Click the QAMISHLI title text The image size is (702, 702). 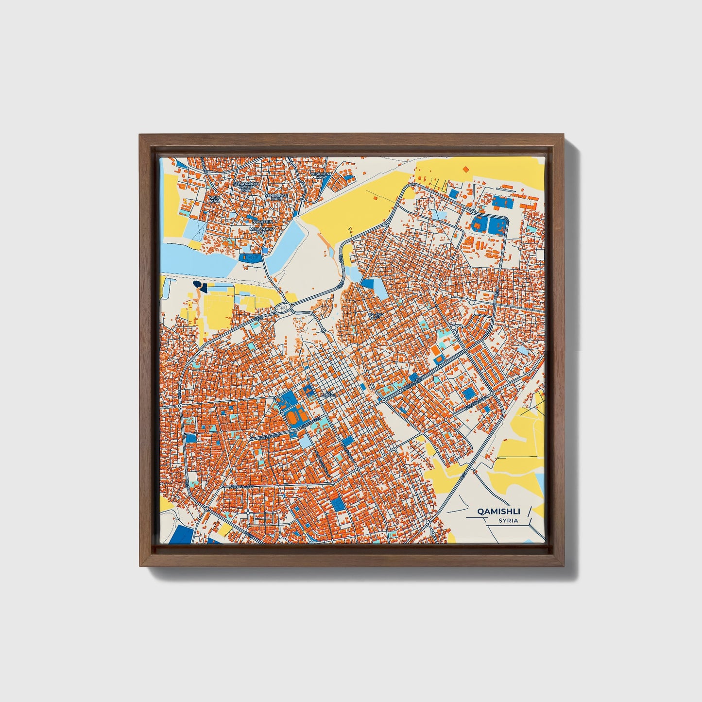pyautogui.click(x=498, y=512)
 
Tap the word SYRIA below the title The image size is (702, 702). pyautogui.click(x=508, y=521)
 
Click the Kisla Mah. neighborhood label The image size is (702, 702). pyautogui.click(x=215, y=199)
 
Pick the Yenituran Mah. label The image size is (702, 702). pyautogui.click(x=276, y=197)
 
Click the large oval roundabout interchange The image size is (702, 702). pyautogui.click(x=284, y=308)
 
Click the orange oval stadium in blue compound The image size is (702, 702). pyautogui.click(x=292, y=416)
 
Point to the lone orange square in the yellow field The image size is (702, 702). pyautogui.click(x=466, y=169)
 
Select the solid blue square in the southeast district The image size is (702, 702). pyautogui.click(x=469, y=393)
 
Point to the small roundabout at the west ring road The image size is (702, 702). pyautogui.click(x=179, y=405)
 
